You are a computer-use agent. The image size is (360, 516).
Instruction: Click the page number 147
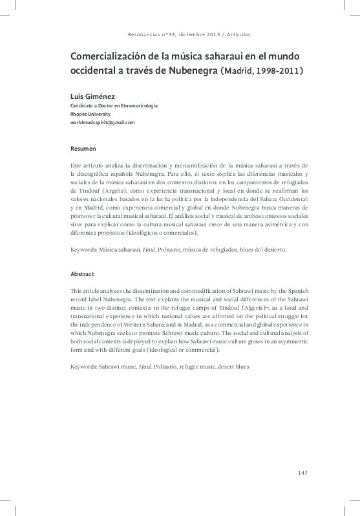[302, 472]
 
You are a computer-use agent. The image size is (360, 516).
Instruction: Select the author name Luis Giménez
[93, 96]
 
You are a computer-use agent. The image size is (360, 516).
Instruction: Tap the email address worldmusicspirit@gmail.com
[102, 122]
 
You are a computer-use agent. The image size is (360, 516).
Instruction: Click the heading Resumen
[83, 148]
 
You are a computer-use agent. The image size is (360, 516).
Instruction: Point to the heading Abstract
[83, 274]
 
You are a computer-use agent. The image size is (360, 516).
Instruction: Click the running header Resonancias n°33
[149, 34]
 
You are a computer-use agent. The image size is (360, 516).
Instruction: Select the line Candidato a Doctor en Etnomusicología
[114, 105]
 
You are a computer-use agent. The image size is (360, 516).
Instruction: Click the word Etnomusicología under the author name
[137, 105]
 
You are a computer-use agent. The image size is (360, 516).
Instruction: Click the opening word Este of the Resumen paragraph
[77, 167]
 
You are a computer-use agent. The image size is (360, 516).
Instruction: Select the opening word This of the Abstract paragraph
[77, 292]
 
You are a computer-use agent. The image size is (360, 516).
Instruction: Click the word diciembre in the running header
[185, 34]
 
